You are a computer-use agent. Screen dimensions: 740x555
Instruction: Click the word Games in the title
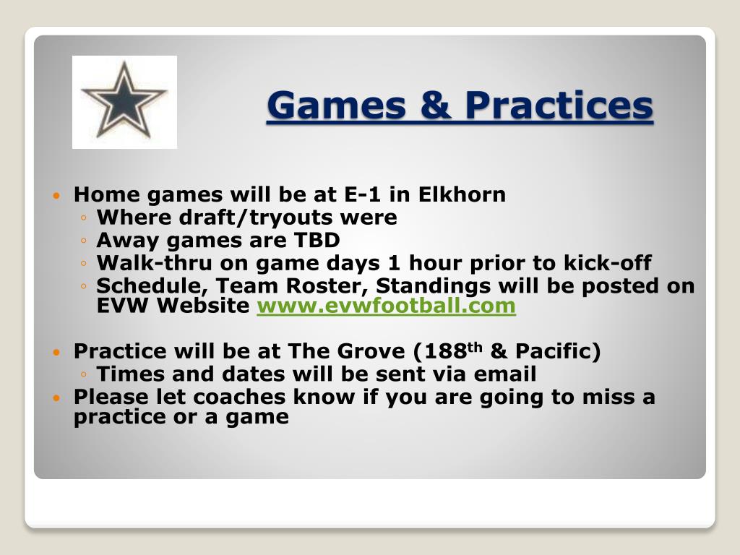[x=337, y=106]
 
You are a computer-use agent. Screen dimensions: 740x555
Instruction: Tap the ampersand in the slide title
[x=436, y=105]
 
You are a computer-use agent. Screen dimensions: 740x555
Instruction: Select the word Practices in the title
[x=559, y=105]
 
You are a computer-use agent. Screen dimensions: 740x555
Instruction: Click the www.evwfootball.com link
[x=386, y=306]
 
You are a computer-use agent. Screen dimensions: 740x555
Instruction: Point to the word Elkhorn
[x=462, y=194]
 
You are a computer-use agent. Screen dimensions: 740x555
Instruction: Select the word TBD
[x=317, y=240]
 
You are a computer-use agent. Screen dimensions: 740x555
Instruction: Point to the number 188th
[x=453, y=350]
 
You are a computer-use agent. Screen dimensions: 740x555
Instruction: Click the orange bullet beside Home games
[x=56, y=195]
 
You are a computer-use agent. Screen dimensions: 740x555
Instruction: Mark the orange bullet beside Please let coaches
[x=56, y=398]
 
